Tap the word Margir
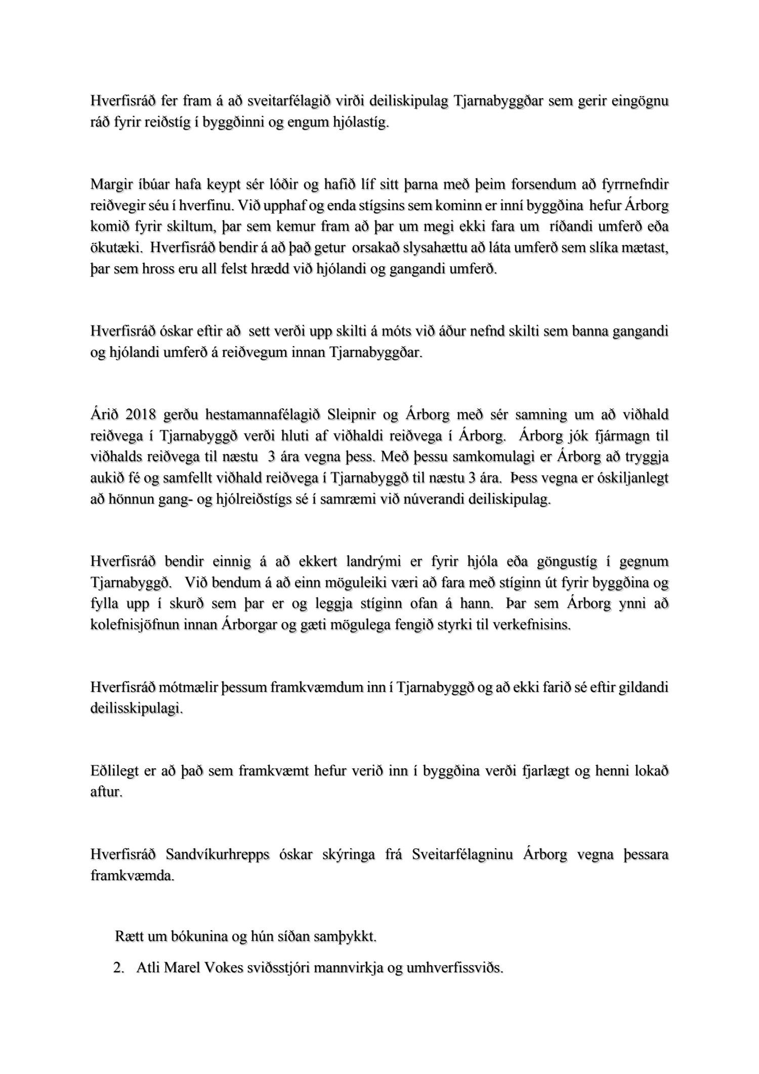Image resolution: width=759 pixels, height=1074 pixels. click(x=110, y=185)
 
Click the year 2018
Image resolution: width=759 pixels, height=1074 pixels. click(x=140, y=415)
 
